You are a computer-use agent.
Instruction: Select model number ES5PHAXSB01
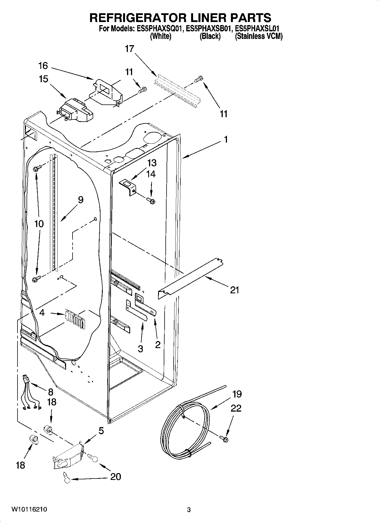(x=210, y=29)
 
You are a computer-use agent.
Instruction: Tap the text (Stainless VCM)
(x=259, y=36)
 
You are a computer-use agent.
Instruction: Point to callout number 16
(x=43, y=66)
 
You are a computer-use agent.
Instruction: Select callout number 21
(x=234, y=290)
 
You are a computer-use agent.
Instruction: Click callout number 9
(x=80, y=200)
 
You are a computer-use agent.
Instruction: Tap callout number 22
(x=236, y=408)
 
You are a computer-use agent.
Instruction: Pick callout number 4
(x=42, y=313)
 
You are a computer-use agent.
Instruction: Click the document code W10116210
(x=29, y=510)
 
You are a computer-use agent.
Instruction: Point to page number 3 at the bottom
(x=189, y=510)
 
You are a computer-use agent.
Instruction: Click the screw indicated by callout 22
(x=225, y=438)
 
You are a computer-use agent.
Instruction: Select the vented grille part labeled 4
(x=75, y=318)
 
